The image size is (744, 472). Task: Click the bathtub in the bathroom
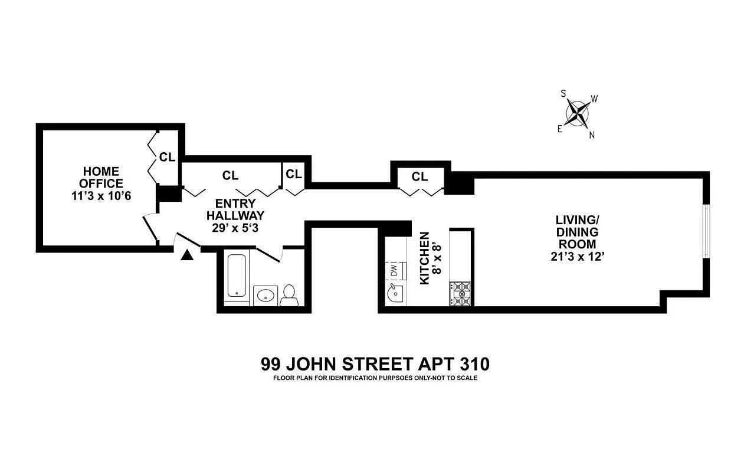(237, 276)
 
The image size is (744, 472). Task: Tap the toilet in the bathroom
(289, 295)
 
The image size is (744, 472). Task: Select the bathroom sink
(266, 295)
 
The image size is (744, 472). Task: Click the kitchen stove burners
(461, 293)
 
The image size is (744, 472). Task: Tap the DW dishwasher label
(394, 270)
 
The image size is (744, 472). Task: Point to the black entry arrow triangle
(187, 255)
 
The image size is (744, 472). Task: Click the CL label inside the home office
(167, 158)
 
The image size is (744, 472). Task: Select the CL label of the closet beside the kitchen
(419, 176)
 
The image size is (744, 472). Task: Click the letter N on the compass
(592, 135)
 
